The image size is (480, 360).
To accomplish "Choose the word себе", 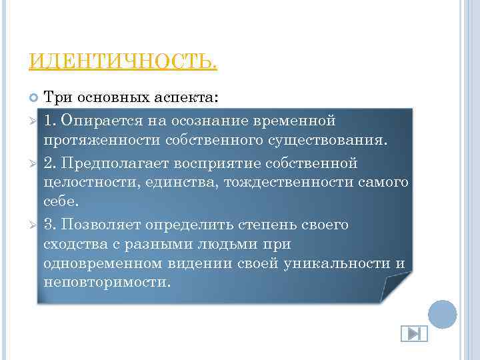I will [x=59, y=202].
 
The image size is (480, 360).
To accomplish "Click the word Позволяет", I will [x=99, y=224].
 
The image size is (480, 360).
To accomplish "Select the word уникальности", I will [x=336, y=263].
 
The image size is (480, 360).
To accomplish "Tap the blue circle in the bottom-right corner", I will [x=442, y=314].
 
